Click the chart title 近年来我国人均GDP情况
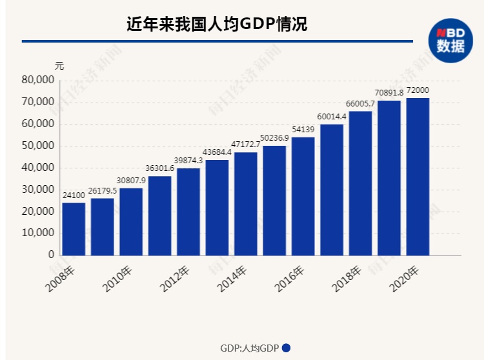216,25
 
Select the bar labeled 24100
74,229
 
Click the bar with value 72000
418,176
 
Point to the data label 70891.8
389,92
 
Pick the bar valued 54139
303,196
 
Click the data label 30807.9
131,180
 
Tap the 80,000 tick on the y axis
37,81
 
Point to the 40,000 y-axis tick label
37,168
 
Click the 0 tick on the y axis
50,255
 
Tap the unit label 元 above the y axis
59,66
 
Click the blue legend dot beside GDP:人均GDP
286,347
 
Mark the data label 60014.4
332,116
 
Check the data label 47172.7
246,145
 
